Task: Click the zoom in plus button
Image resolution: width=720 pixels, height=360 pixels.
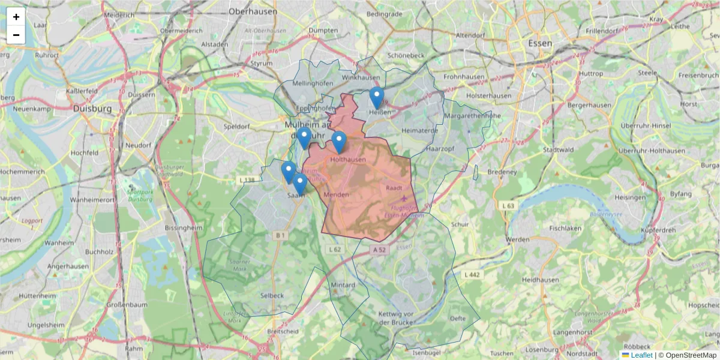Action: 16,17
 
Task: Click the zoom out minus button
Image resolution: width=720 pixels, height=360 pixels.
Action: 16,35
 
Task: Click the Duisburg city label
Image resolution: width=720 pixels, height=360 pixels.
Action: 92,109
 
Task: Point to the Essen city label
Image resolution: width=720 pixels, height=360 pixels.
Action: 541,43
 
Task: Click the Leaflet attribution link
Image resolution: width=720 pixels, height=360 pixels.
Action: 641,355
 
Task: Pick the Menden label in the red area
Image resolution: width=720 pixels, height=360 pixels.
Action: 335,195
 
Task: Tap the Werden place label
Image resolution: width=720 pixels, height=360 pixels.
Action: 517,240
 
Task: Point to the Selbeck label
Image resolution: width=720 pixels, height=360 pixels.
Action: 272,296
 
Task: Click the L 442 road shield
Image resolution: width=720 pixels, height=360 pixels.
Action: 473,274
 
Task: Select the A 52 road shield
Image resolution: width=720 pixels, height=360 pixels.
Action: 378,249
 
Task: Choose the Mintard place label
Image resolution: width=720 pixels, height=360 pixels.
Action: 343,285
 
